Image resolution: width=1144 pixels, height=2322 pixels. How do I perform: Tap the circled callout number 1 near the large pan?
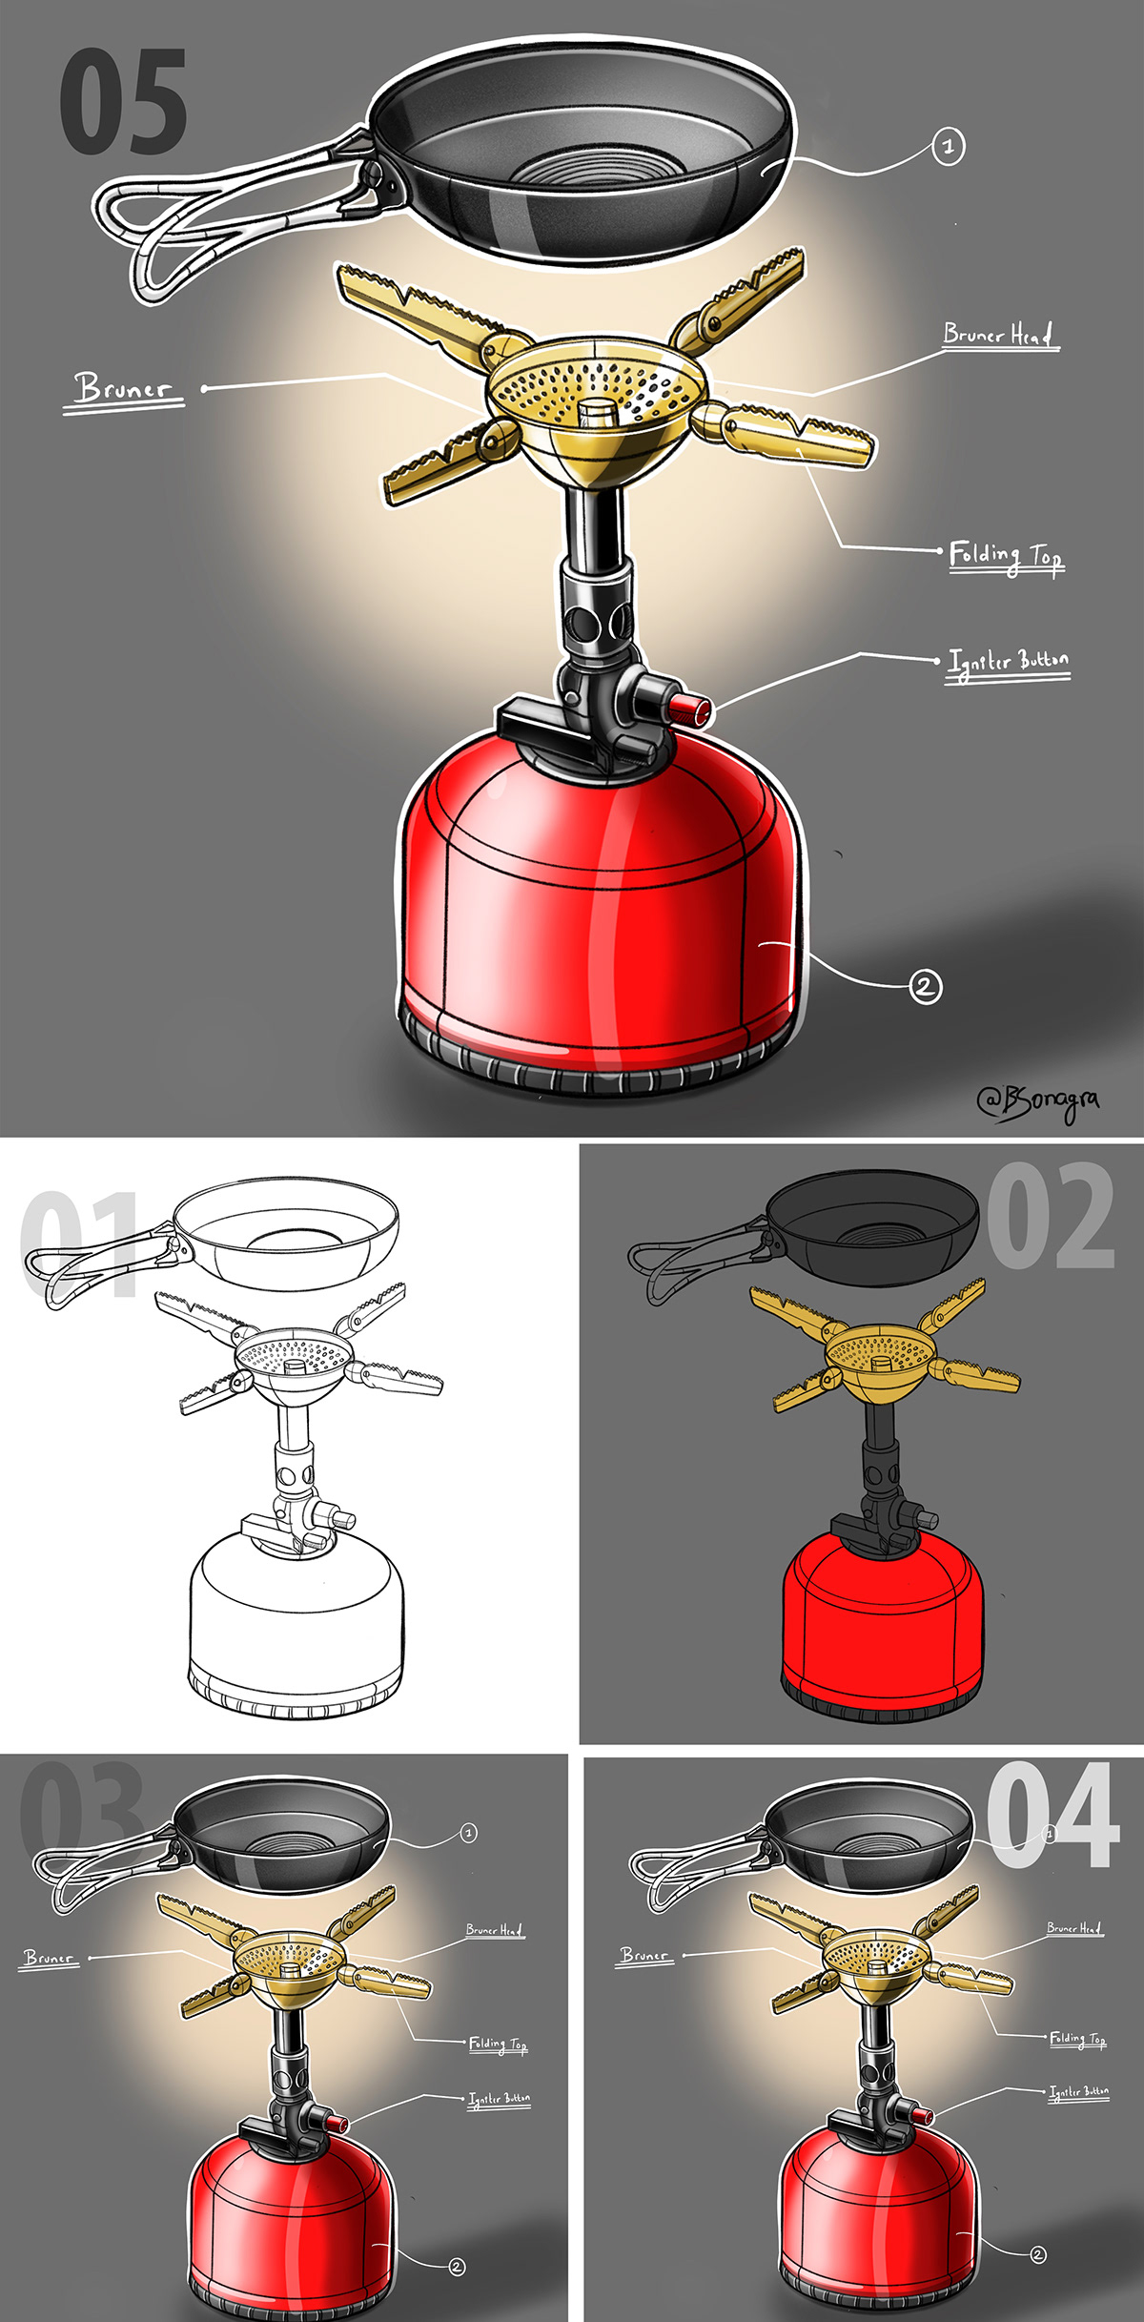(x=948, y=147)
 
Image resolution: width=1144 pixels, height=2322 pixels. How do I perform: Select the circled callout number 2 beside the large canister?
(x=925, y=985)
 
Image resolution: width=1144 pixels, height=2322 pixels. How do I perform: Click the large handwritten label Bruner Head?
(x=998, y=335)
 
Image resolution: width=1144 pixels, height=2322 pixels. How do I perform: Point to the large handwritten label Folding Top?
(x=1005, y=555)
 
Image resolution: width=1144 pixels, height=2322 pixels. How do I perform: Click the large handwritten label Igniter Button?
(x=1008, y=662)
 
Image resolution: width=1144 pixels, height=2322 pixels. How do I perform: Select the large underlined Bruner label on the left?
(x=124, y=389)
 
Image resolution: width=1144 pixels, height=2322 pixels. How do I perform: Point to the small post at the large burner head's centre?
(x=597, y=413)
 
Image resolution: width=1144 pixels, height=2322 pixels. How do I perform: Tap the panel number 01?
(x=81, y=1244)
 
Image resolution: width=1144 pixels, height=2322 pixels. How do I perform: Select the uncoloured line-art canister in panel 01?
(x=296, y=1612)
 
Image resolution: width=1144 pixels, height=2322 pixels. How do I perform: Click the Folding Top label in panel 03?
(x=497, y=2044)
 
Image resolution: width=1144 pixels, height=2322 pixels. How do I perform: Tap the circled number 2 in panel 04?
(x=1037, y=2254)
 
